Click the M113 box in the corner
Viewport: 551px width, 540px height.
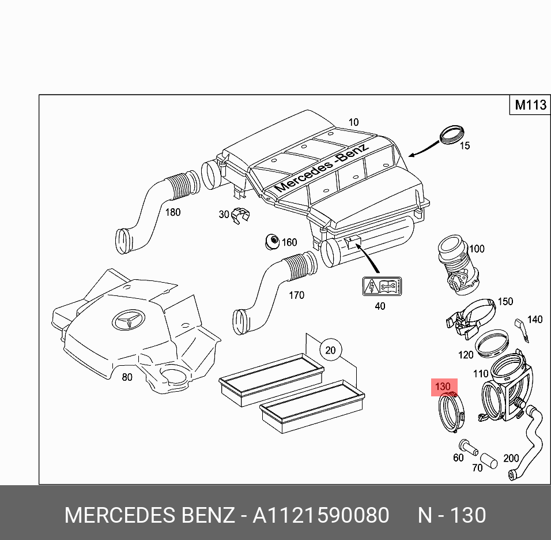pyautogui.click(x=530, y=105)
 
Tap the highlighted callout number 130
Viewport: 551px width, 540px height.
pyautogui.click(x=443, y=386)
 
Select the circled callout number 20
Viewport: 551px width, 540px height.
pyautogui.click(x=330, y=350)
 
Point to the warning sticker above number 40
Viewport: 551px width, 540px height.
pyautogui.click(x=381, y=287)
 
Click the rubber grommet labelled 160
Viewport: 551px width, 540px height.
pyautogui.click(x=270, y=242)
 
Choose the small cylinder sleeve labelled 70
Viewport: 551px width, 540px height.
pyautogui.click(x=489, y=460)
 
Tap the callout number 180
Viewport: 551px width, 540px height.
pyautogui.click(x=172, y=212)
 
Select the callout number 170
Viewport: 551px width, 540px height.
pyautogui.click(x=296, y=295)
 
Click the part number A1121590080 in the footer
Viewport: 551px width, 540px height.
pyautogui.click(x=320, y=515)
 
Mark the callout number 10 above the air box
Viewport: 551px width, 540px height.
pyautogui.click(x=353, y=122)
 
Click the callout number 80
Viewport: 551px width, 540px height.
pyautogui.click(x=127, y=377)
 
